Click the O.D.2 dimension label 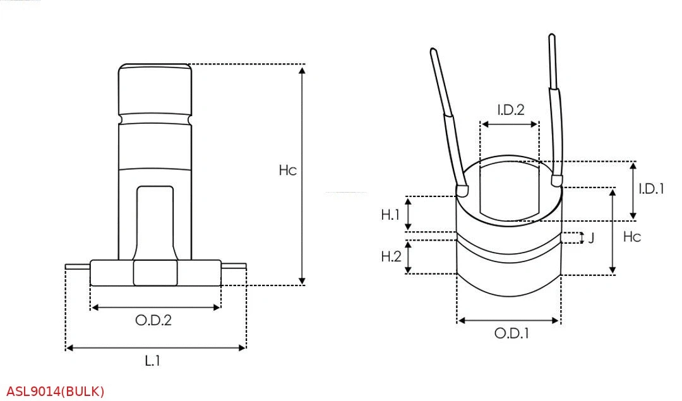pyautogui.click(x=153, y=320)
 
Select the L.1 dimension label pyautogui.click(x=152, y=361)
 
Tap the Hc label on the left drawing pyautogui.click(x=287, y=171)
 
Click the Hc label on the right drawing pyautogui.click(x=631, y=237)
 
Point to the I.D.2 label pyautogui.click(x=510, y=110)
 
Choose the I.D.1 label pyautogui.click(x=651, y=188)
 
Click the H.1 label pyautogui.click(x=391, y=215)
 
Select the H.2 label pyautogui.click(x=391, y=256)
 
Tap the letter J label pyautogui.click(x=591, y=238)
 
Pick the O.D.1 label pyautogui.click(x=511, y=333)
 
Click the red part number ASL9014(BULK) pyautogui.click(x=56, y=392)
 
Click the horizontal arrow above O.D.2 pyautogui.click(x=156, y=308)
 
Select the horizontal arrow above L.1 pyautogui.click(x=155, y=347)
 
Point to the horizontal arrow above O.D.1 pyautogui.click(x=508, y=321)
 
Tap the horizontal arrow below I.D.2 pyautogui.click(x=510, y=124)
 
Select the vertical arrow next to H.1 pyautogui.click(x=409, y=213)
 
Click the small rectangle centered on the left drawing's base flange pyautogui.click(x=155, y=273)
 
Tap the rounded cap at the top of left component pyautogui.click(x=155, y=88)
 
